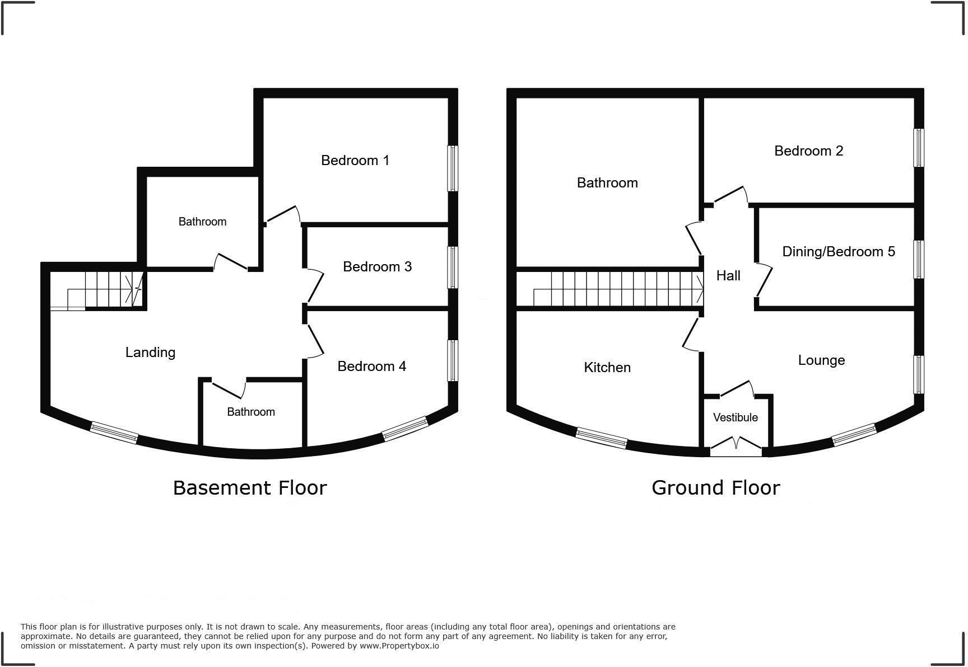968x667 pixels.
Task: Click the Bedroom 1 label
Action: tap(355, 161)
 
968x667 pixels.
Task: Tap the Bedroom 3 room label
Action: tap(377, 267)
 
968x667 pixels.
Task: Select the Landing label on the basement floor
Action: tap(150, 353)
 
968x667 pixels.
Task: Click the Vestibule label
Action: tap(735, 417)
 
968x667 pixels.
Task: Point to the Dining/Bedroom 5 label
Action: tap(838, 252)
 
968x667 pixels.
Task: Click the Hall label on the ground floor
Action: tap(728, 276)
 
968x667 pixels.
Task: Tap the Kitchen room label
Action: tap(607, 368)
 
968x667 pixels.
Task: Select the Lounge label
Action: tap(821, 360)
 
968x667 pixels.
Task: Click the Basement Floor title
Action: tap(249, 488)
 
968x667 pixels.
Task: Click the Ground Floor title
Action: tap(715, 488)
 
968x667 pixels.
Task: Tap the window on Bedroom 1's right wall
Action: tap(452, 168)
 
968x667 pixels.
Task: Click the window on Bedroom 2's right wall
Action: tap(918, 148)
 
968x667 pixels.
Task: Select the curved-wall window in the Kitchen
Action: tap(601, 438)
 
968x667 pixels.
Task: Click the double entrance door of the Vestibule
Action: tap(736, 445)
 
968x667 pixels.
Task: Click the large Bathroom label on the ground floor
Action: tap(607, 183)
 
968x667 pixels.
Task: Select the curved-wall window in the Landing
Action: tap(114, 433)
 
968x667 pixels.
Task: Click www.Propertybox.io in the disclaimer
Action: tap(399, 646)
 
